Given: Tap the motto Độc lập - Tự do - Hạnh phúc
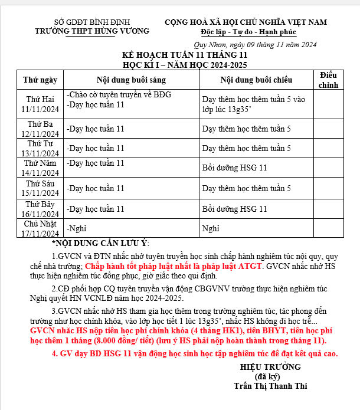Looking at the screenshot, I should pos(248,32).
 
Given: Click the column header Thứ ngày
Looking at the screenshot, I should pos(40,80).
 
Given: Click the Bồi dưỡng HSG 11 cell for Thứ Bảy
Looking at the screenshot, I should pos(235,209).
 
